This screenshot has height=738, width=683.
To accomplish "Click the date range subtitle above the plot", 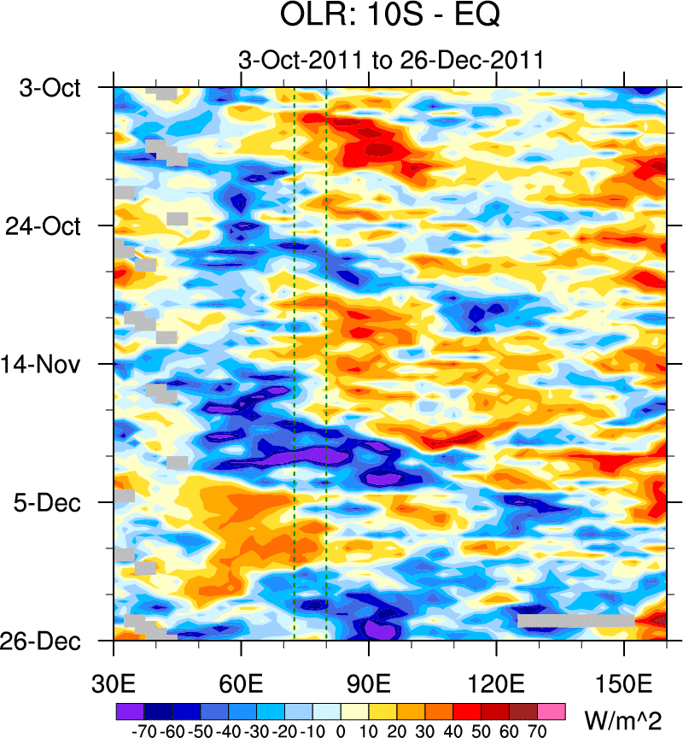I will (x=390, y=60).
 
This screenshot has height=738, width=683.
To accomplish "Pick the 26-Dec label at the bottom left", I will (x=51, y=641).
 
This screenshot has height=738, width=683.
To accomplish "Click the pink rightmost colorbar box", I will (x=552, y=710).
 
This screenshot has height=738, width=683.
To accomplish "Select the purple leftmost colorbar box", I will (x=129, y=710).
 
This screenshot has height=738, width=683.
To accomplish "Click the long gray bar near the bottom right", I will (x=575, y=620).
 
